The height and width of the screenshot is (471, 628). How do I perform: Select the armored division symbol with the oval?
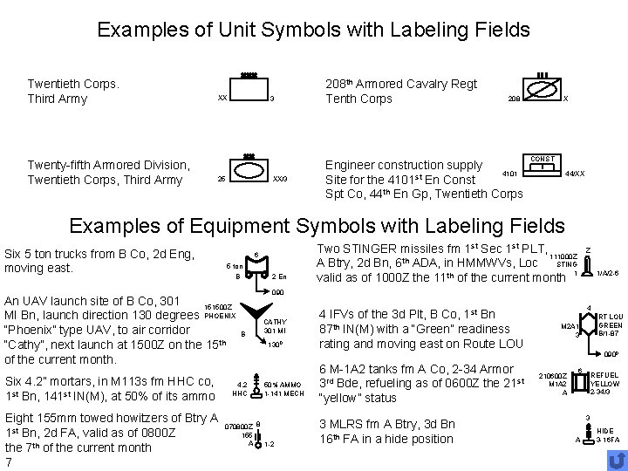click(249, 177)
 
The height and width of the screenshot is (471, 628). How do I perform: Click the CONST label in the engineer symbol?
click(543, 159)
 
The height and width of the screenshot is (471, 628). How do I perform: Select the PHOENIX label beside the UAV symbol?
click(218, 315)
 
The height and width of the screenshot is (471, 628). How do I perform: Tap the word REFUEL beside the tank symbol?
click(604, 374)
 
